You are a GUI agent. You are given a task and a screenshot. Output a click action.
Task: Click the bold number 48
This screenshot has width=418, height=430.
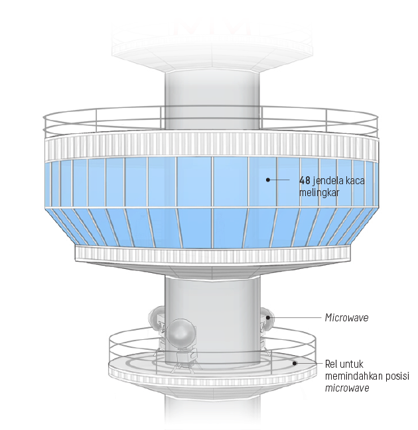coord(304,180)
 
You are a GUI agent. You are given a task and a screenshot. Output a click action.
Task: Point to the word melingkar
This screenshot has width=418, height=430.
coord(318,191)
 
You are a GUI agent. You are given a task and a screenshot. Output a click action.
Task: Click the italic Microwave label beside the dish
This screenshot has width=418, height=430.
coord(346,318)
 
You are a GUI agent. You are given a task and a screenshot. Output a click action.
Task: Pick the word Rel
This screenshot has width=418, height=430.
coord(332,364)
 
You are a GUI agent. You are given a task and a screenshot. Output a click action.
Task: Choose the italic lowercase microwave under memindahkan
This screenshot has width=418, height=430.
coord(347,388)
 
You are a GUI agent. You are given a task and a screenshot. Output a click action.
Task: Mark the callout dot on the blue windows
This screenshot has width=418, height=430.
coord(268,180)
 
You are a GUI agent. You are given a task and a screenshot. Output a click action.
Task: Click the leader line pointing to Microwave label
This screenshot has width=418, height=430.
coord(295,318)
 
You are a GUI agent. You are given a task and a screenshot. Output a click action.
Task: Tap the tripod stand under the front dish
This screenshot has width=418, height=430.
coord(181,359)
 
